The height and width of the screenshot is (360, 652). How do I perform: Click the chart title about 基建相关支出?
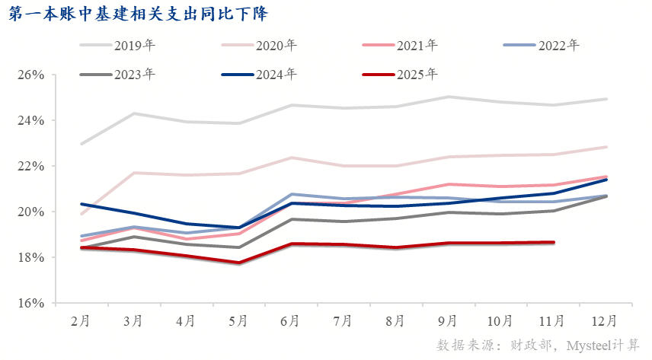(138, 14)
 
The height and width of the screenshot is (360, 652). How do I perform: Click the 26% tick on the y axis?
(34, 75)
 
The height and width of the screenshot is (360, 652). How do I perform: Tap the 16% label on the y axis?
(34, 303)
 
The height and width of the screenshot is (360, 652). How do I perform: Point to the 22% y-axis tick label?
(34, 166)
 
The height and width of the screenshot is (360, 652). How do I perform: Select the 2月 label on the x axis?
(80, 321)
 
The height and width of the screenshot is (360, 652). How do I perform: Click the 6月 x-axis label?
(289, 321)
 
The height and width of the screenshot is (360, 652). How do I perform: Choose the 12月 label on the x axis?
(606, 321)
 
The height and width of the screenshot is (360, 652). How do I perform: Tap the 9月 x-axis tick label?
(448, 321)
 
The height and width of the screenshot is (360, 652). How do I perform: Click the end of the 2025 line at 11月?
(553, 243)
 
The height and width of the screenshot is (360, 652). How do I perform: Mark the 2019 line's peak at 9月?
(448, 97)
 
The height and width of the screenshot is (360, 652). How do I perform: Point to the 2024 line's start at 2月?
(81, 204)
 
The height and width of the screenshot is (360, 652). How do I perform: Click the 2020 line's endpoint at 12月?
(606, 147)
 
